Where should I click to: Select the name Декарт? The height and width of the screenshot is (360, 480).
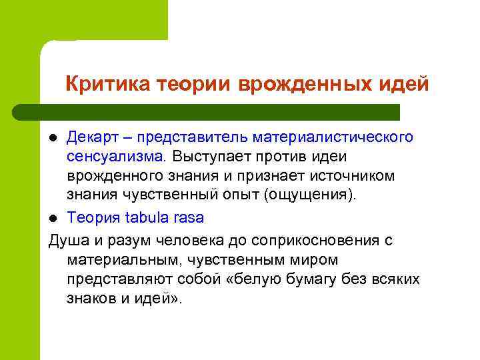click(x=89, y=137)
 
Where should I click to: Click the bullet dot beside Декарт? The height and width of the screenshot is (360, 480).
click(x=55, y=138)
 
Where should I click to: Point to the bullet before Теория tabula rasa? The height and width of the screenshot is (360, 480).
click(x=55, y=219)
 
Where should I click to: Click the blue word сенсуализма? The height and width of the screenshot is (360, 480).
click(x=115, y=156)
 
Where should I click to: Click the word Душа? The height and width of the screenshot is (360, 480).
click(x=67, y=241)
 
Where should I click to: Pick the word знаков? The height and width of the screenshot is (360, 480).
click(x=91, y=299)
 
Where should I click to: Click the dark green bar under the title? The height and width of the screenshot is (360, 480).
click(x=207, y=112)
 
